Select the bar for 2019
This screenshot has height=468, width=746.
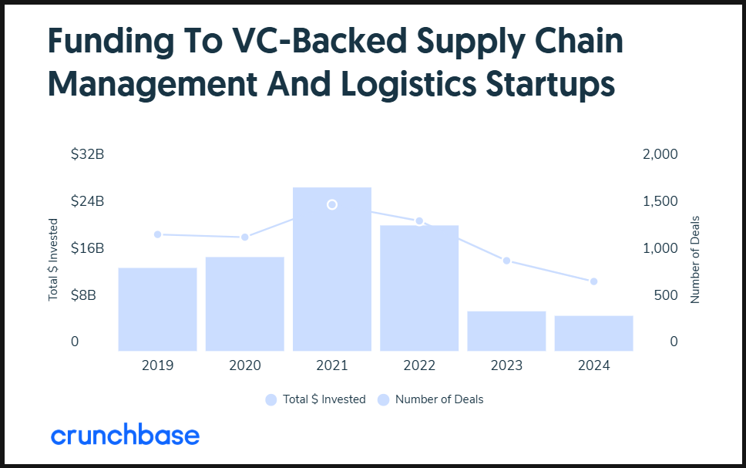(x=157, y=309)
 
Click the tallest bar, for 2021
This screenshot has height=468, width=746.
(x=332, y=270)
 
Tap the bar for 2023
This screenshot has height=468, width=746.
(x=506, y=332)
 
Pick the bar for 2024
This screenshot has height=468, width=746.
(x=593, y=333)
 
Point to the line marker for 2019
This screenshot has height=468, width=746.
(x=158, y=234)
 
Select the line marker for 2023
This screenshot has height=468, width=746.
(x=506, y=261)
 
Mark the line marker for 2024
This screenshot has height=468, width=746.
(x=593, y=281)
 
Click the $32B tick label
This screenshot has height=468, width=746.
(x=88, y=154)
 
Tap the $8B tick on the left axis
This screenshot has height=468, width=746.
(x=83, y=295)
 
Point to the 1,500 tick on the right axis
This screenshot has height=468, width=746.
(x=660, y=201)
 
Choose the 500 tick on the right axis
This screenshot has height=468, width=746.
(x=666, y=295)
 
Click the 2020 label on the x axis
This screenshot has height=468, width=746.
(x=245, y=365)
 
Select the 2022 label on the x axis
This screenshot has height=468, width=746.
(x=419, y=365)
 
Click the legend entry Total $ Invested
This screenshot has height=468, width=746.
(x=316, y=399)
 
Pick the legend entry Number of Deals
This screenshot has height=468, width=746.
(x=431, y=399)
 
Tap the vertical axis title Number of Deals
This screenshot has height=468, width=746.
(x=695, y=260)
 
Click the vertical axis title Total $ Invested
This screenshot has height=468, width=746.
(x=53, y=260)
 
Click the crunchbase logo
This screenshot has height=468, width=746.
(x=125, y=435)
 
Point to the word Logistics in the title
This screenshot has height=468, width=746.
(x=408, y=85)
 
